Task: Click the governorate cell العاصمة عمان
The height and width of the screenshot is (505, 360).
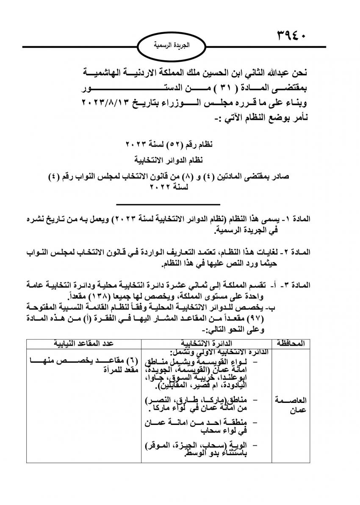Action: [292, 405]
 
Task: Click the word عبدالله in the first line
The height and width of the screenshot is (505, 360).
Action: [270, 72]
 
